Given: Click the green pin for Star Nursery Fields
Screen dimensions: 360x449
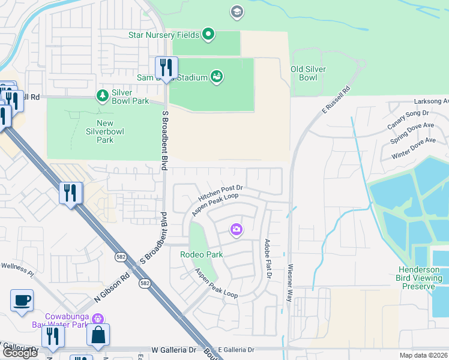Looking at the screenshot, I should (x=208, y=35).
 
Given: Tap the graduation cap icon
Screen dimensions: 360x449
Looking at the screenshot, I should (x=237, y=11).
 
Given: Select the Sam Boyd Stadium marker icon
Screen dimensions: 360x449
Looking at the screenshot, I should (x=217, y=76).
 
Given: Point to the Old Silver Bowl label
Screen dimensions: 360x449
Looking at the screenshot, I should (x=308, y=73).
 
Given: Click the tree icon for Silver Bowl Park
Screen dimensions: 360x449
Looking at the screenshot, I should (x=102, y=95).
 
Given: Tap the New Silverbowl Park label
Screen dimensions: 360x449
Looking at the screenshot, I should (x=97, y=131).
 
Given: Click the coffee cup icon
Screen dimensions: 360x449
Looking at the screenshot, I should (x=22, y=300).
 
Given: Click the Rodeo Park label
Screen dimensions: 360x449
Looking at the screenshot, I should (x=202, y=254).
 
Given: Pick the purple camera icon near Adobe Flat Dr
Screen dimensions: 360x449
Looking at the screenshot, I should (x=237, y=229).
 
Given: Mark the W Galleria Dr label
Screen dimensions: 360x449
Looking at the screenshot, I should (x=174, y=349).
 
